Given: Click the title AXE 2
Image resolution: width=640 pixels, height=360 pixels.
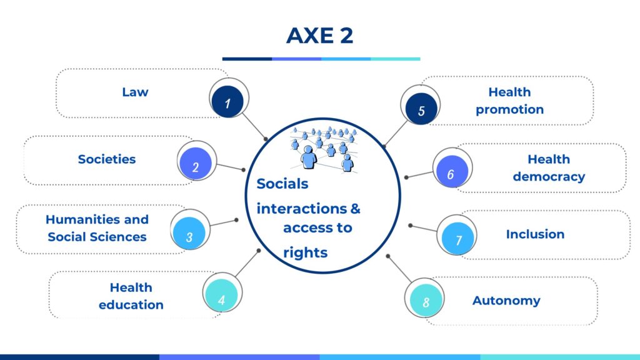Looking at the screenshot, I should pyautogui.click(x=319, y=36).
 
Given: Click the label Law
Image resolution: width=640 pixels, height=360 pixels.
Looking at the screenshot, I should pyautogui.click(x=135, y=92).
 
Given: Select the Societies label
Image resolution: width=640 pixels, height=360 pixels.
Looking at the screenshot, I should pyautogui.click(x=107, y=159).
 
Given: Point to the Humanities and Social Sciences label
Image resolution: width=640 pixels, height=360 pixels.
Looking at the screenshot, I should pyautogui.click(x=97, y=228).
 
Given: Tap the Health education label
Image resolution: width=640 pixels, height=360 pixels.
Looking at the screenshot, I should pyautogui.click(x=131, y=296).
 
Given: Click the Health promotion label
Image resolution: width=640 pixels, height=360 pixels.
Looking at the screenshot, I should pyautogui.click(x=509, y=101).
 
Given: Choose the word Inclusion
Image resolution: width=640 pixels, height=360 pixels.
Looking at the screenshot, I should pyautogui.click(x=535, y=234).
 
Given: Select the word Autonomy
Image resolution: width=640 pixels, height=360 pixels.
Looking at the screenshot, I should pyautogui.click(x=506, y=301).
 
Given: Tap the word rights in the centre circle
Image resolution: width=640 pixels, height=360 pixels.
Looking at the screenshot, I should pyautogui.click(x=305, y=252).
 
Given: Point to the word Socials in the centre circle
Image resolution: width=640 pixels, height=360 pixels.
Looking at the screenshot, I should pyautogui.click(x=282, y=184).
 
